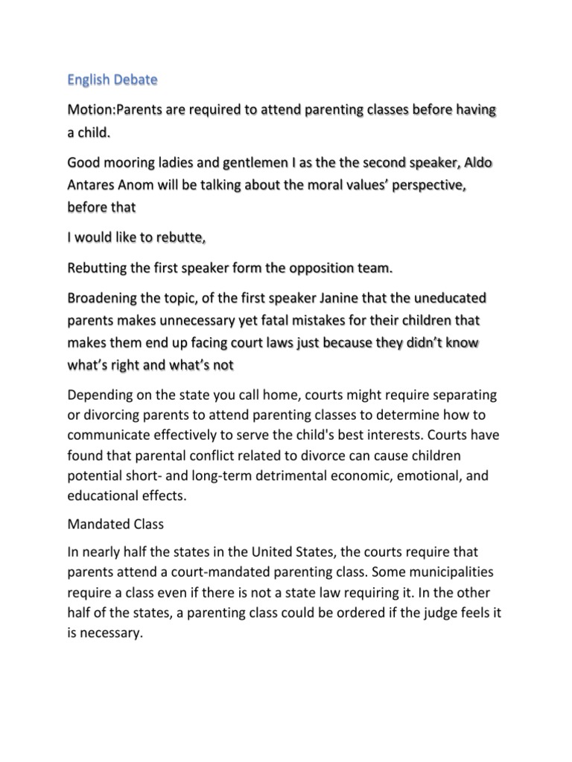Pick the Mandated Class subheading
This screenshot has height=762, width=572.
115,524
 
